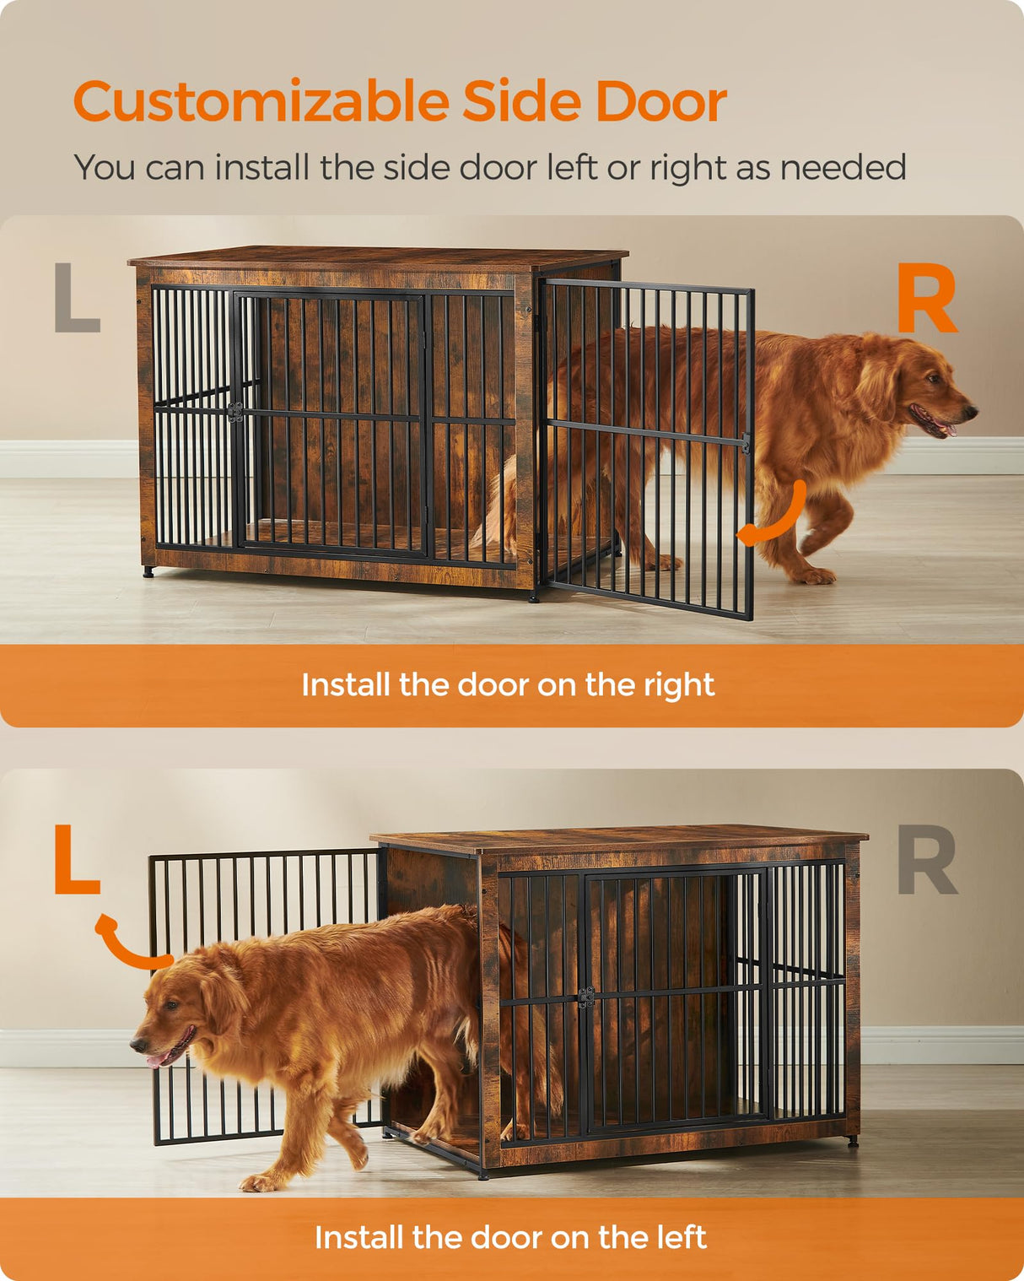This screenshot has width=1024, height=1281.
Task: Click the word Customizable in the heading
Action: coord(261,103)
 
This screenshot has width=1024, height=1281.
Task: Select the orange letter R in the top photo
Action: coord(926,299)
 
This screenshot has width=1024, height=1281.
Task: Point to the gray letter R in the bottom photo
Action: coord(927,860)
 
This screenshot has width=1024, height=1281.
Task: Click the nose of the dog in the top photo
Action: coord(972,413)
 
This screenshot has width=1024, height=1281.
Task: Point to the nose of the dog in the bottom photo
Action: coord(136,1045)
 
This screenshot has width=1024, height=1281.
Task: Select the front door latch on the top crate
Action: coord(235,412)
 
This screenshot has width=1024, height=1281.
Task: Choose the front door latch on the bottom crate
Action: coord(585,998)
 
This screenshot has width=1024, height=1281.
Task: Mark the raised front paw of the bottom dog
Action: coord(261,1181)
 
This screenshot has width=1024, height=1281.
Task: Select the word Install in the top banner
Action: coord(346,685)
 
